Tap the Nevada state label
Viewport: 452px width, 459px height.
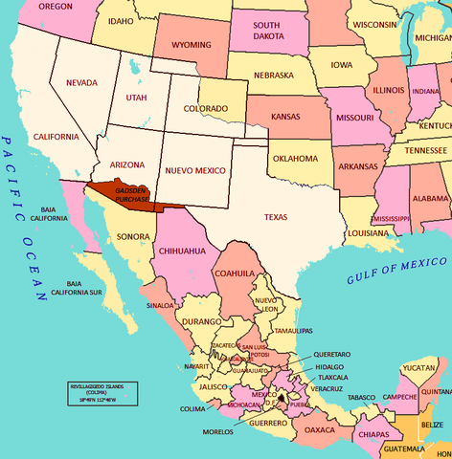pos(81,83)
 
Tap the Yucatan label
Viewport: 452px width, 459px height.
pos(418,367)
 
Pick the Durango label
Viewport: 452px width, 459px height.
pos(201,323)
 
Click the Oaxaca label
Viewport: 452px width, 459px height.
pos(320,430)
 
